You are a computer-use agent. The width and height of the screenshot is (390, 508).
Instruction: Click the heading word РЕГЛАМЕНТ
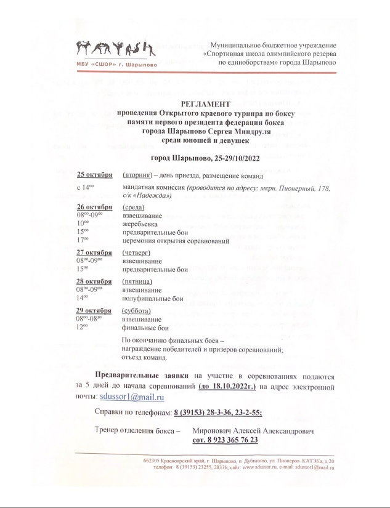(206, 105)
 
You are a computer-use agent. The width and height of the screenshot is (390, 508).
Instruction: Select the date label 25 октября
(94, 174)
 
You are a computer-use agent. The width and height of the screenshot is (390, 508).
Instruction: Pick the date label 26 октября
(94, 208)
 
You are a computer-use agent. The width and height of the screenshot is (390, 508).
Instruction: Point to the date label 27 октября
(94, 252)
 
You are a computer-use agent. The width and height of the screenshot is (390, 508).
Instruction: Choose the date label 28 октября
(94, 281)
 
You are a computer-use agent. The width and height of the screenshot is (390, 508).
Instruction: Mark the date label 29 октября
(94, 311)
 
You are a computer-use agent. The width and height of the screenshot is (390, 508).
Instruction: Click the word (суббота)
(137, 311)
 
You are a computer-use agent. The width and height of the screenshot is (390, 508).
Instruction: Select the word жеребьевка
(141, 224)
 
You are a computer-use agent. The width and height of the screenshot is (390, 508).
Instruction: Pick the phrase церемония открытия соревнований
(176, 241)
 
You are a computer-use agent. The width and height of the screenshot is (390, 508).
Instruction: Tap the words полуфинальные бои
(152, 298)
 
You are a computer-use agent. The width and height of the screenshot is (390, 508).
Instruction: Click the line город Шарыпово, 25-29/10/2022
(206, 158)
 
